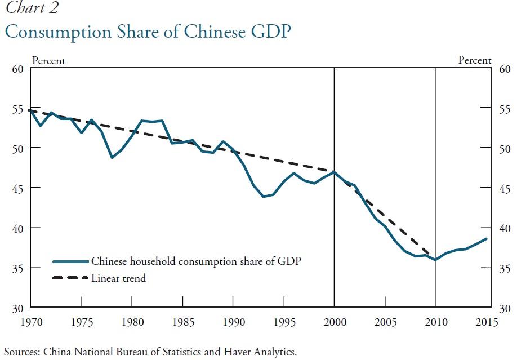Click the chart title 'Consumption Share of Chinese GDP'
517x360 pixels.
[148, 32]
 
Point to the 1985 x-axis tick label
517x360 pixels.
[182, 322]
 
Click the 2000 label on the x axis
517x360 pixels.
[334, 322]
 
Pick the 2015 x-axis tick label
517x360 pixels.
[486, 322]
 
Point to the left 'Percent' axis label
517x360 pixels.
[48, 60]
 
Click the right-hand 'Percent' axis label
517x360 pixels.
[475, 60]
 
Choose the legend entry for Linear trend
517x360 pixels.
[118, 278]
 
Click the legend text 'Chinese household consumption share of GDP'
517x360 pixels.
[197, 261]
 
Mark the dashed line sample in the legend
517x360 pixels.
[70, 278]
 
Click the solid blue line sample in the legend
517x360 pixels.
[70, 261]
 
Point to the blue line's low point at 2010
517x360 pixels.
[435, 260]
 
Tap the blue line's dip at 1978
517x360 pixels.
[112, 158]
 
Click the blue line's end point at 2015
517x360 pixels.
[486, 239]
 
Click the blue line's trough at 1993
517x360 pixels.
[263, 197]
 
